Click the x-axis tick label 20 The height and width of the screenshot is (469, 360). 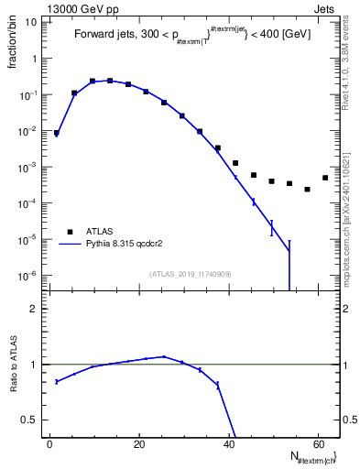pos(138,443)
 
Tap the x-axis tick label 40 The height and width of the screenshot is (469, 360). pos(228,443)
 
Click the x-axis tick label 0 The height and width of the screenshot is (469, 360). pos(49,443)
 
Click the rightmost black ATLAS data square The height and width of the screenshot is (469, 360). pos(325,178)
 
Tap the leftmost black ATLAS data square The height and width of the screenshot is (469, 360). pos(57,133)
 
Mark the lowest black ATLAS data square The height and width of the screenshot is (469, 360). pos(307,190)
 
